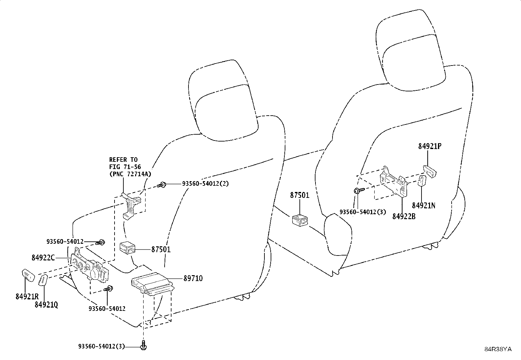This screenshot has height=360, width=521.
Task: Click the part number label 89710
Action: click(x=193, y=278)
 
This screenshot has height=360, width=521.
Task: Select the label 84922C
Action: click(x=43, y=257)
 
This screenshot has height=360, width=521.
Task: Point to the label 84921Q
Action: click(x=46, y=305)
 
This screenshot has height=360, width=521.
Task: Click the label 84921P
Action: click(x=430, y=146)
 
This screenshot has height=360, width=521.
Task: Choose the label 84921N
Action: click(x=423, y=205)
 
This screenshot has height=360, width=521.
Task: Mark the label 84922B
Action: click(x=404, y=216)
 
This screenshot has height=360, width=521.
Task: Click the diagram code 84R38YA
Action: click(x=498, y=349)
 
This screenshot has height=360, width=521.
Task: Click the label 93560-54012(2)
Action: click(x=206, y=183)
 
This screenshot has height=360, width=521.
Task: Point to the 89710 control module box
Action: click(x=153, y=284)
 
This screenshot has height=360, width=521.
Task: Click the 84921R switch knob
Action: click(x=28, y=275)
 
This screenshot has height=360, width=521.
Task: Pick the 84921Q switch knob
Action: click(x=43, y=280)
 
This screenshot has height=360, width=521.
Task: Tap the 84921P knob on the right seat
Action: click(x=429, y=172)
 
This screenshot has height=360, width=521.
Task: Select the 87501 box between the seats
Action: click(x=300, y=220)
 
